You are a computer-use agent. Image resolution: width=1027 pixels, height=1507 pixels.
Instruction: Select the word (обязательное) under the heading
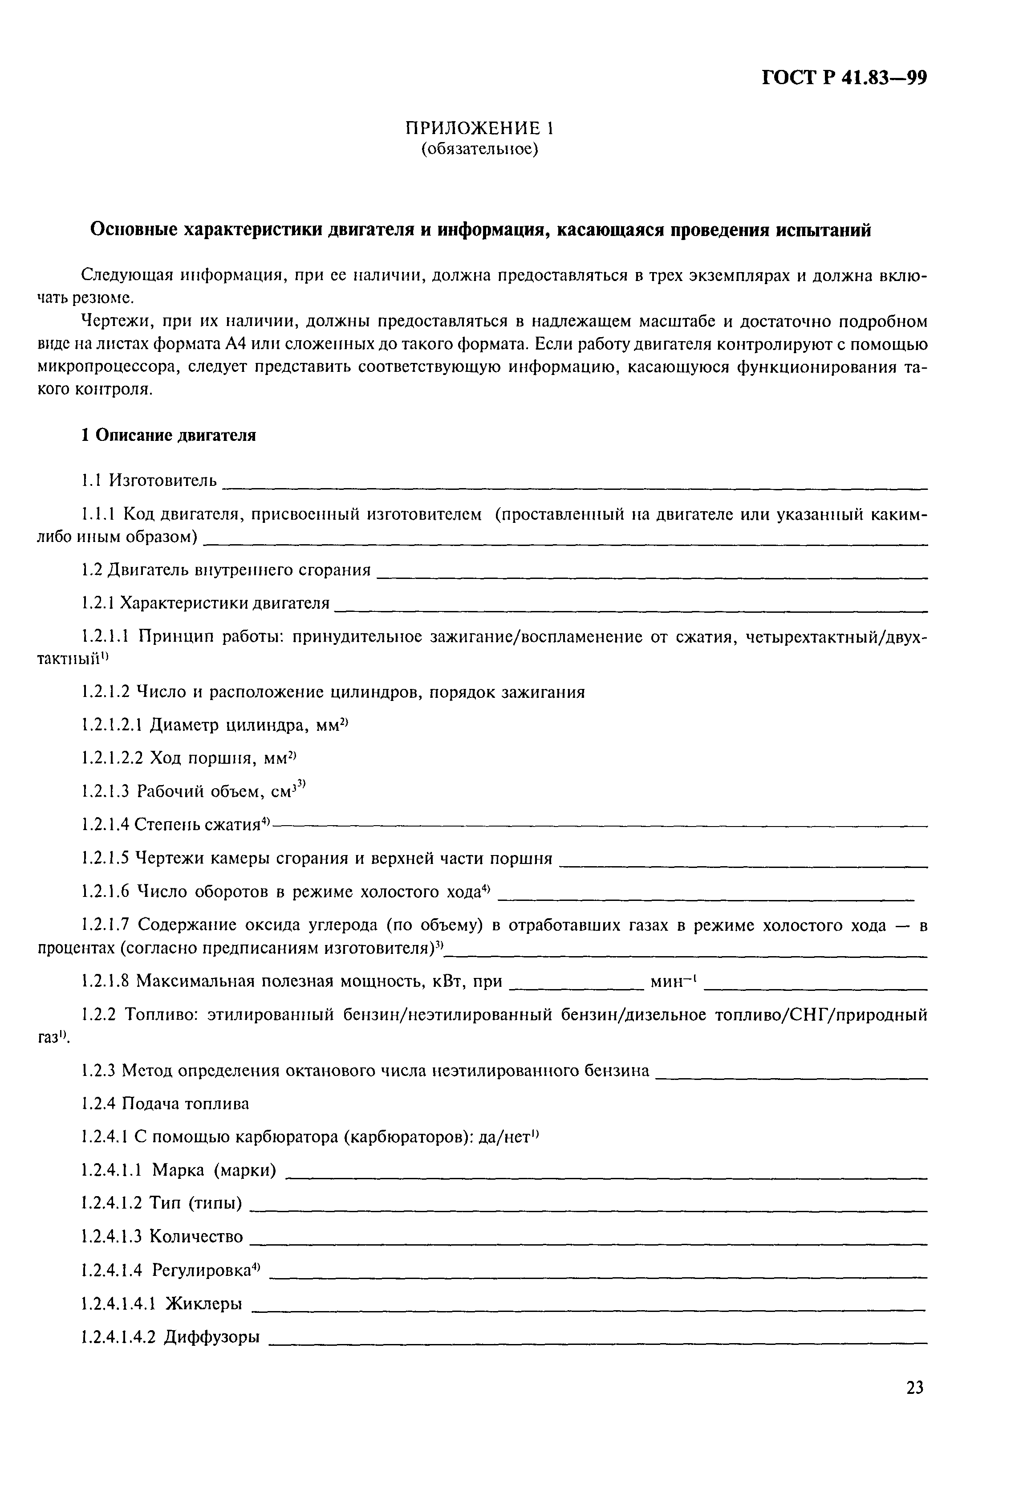pos(480,150)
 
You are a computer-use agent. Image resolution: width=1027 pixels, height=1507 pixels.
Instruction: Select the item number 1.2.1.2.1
pos(112,724)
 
